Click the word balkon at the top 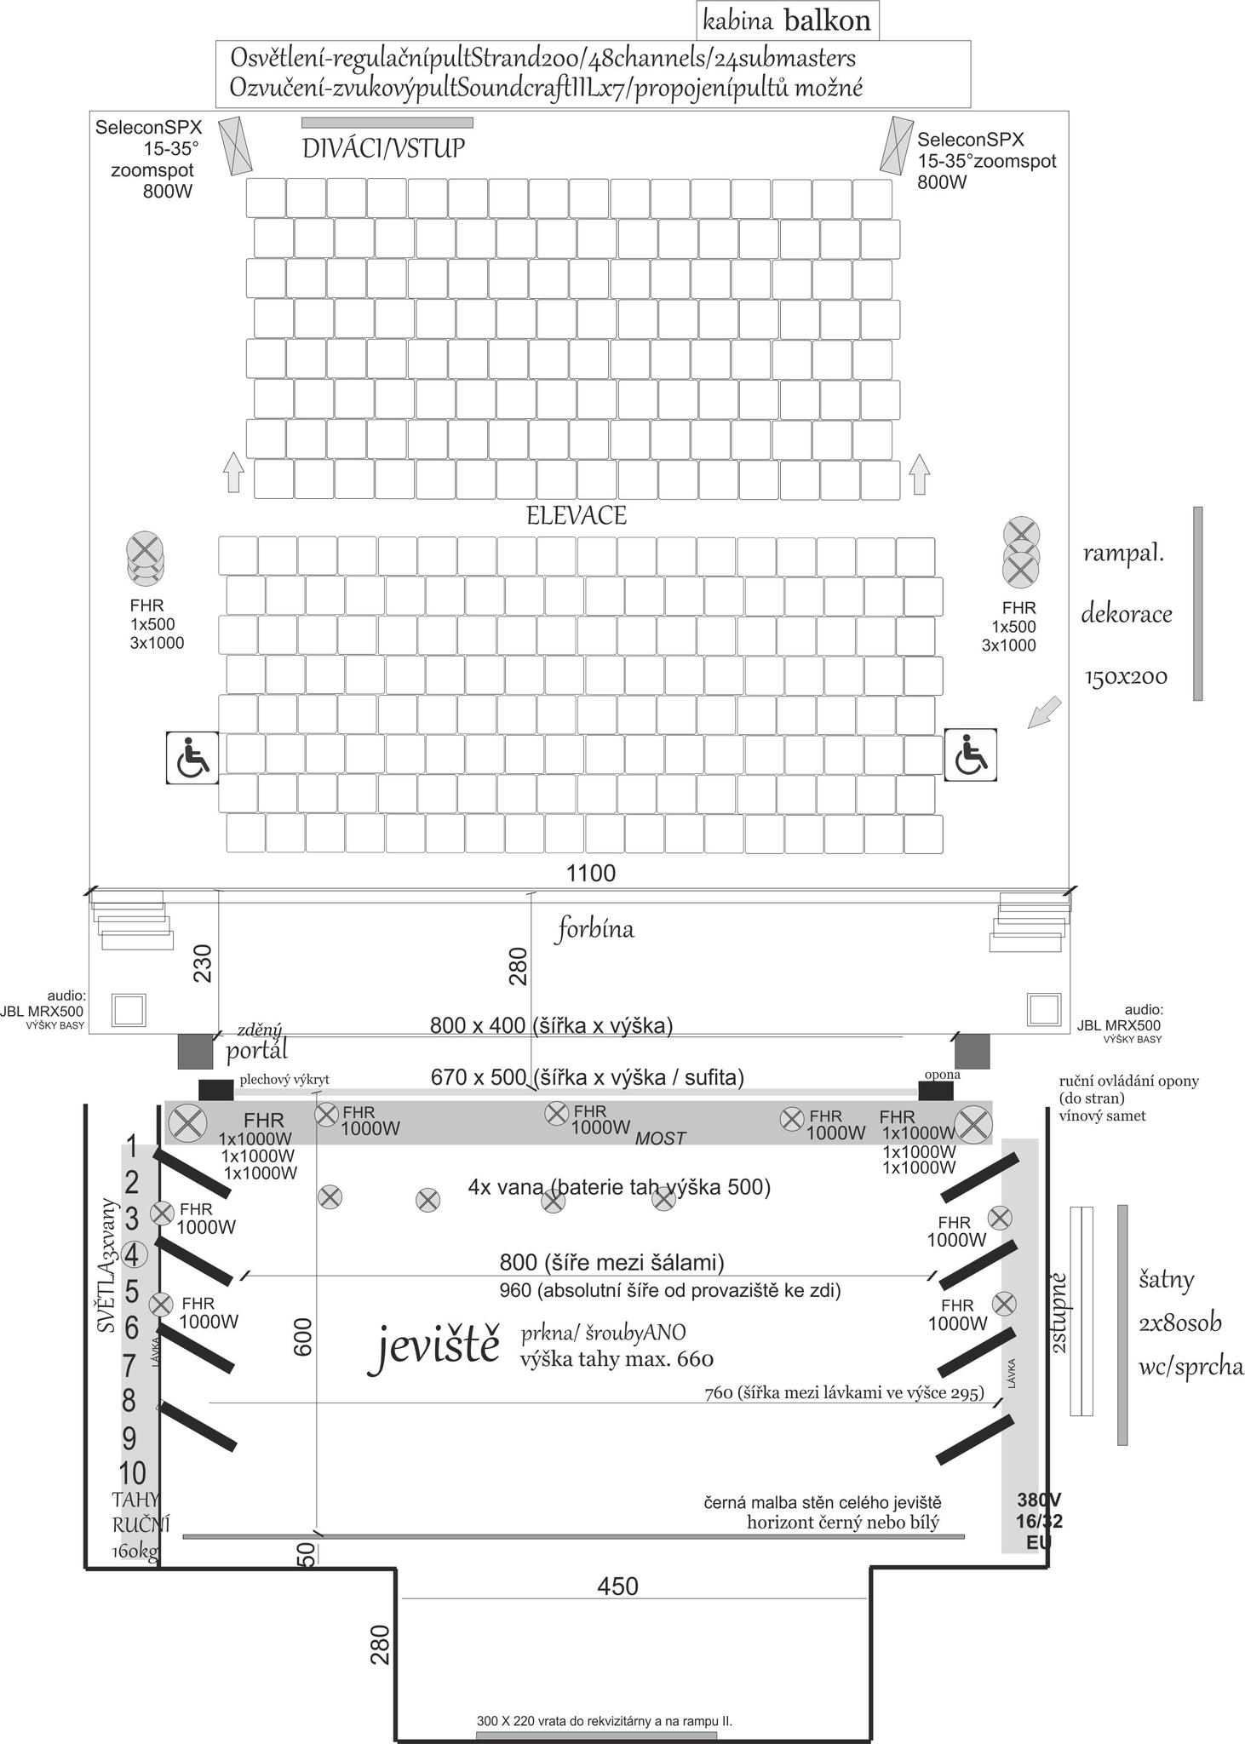(x=827, y=20)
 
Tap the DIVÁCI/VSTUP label (x=383, y=148)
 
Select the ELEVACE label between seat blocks (x=577, y=515)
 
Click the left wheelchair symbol (x=192, y=757)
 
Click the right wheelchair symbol (x=970, y=755)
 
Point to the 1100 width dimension (x=591, y=873)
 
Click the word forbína (x=595, y=928)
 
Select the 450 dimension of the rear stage (x=617, y=1586)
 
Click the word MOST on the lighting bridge (x=660, y=1138)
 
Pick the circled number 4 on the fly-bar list (x=133, y=1254)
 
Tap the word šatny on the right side (x=1167, y=1280)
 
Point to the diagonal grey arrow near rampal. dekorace (x=1044, y=713)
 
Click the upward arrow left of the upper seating (x=232, y=473)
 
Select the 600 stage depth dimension (x=303, y=1336)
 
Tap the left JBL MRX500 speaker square (x=129, y=1009)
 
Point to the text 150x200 (x=1125, y=677)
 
